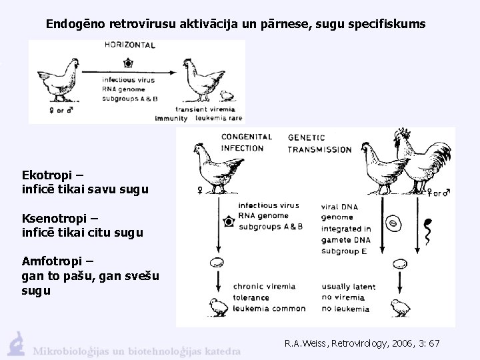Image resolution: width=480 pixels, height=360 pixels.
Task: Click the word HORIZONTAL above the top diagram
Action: click(x=130, y=45)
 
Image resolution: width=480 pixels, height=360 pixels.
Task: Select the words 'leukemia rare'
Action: click(x=217, y=118)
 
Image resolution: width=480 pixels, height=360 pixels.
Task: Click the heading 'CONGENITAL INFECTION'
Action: click(x=246, y=143)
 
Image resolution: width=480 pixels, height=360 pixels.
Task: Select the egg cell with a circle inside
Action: click(x=393, y=225)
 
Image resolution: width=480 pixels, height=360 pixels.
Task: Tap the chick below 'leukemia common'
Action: click(x=217, y=307)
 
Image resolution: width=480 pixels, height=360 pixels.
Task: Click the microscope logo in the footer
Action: click(x=15, y=342)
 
